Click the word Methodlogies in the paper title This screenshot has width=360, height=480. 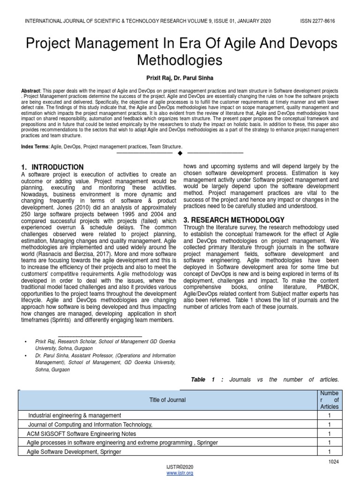(x=180, y=60)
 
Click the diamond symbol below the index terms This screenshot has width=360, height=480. (x=180, y=153)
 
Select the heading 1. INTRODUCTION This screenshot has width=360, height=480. (x=52, y=167)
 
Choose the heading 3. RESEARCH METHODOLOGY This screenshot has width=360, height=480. (x=234, y=220)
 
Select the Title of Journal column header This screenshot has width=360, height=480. (x=167, y=400)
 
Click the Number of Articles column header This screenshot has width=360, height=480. (x=329, y=400)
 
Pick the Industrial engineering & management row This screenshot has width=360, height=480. (x=75, y=415)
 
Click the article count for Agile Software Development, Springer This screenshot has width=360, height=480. (x=329, y=452)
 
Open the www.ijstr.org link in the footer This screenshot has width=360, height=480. (x=180, y=473)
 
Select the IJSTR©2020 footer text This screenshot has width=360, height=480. (x=180, y=467)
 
